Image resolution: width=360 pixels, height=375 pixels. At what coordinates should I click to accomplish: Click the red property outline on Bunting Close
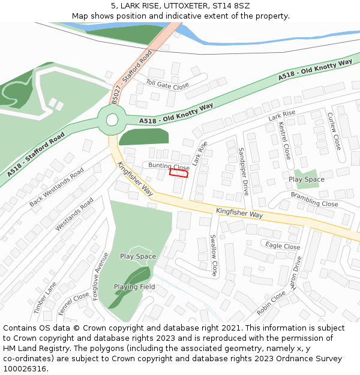point(179,173)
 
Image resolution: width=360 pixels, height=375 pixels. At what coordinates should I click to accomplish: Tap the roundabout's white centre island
point(112,120)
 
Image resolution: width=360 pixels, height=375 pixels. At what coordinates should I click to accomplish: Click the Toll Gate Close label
point(167,86)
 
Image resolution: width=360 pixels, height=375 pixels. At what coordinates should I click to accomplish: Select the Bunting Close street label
point(169,166)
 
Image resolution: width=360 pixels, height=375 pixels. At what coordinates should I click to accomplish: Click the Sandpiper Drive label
point(244,172)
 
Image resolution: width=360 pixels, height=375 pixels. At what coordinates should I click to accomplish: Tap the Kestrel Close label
point(284,140)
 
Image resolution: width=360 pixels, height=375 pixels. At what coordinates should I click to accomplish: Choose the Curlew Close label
point(334,131)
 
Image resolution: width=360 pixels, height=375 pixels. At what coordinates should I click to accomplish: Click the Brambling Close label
point(314,199)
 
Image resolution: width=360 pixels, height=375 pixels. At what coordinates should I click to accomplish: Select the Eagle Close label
point(283,246)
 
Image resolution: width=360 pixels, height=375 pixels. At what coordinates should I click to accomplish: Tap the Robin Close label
point(271,303)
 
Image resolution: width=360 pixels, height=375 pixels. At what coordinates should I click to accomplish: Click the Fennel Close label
point(74,304)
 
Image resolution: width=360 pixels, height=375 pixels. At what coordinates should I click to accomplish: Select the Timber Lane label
point(44,298)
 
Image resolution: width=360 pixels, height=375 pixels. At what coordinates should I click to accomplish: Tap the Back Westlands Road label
point(56,187)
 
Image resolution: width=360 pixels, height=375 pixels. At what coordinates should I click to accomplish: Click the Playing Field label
point(134,287)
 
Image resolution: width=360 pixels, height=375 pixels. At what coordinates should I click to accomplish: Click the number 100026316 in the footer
point(25,369)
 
